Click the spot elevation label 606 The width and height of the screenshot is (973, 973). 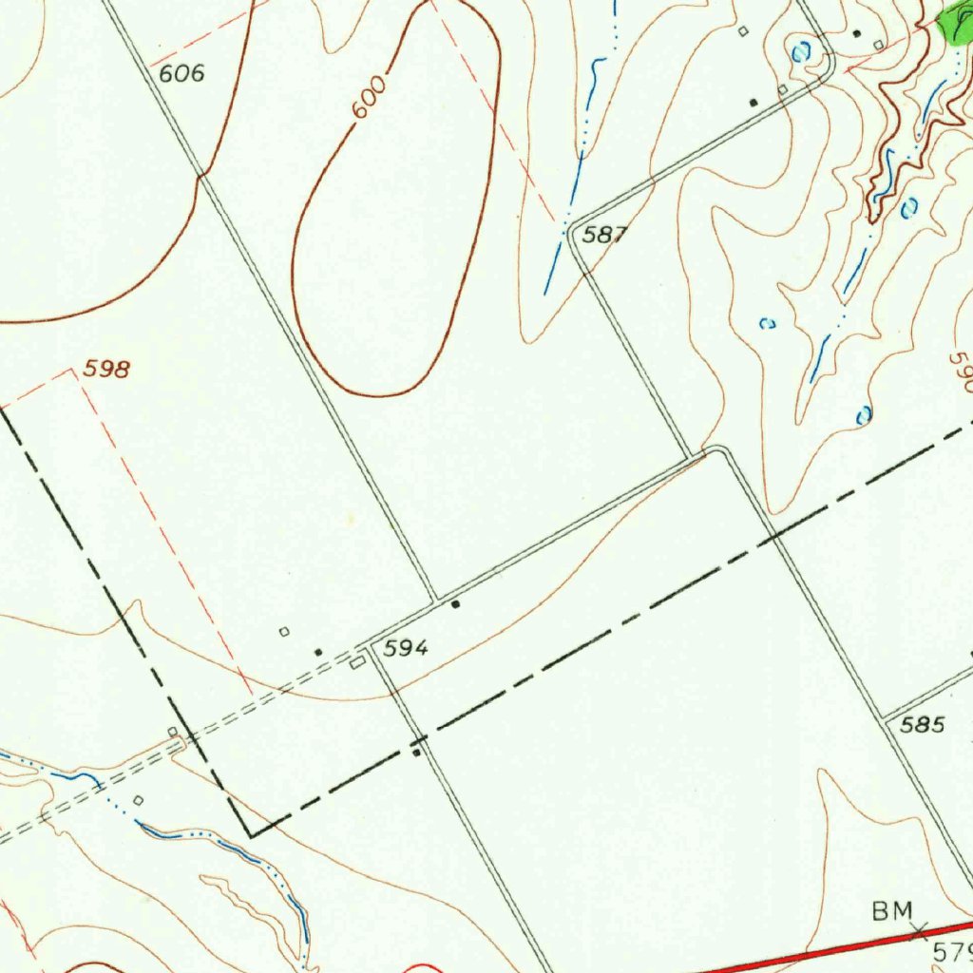coord(181,73)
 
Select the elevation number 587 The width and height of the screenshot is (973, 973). coord(604,235)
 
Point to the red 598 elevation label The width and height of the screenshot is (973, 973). coord(105,370)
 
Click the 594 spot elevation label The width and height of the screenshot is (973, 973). coord(407,649)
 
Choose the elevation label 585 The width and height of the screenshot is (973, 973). coord(923,725)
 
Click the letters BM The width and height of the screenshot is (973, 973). coord(892,912)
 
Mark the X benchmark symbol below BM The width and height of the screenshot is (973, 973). coord(918,931)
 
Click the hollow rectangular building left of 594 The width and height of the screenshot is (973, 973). coord(357,662)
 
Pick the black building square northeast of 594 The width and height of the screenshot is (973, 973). coord(456,604)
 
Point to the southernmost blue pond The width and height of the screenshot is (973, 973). coord(864,415)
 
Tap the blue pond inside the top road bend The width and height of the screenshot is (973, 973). coord(800,52)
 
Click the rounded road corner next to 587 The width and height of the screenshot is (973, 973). coord(572,230)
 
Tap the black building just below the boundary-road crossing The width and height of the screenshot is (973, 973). coord(416,754)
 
